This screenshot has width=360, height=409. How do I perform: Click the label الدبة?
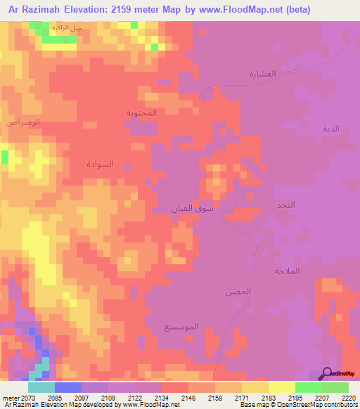tap(330, 129)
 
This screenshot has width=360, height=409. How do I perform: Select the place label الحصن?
tap(238, 291)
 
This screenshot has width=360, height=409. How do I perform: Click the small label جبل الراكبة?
tap(67, 28)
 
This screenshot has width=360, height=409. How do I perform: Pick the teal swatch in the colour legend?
tap(41, 387)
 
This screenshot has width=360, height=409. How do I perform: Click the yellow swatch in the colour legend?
tap(281, 387)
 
